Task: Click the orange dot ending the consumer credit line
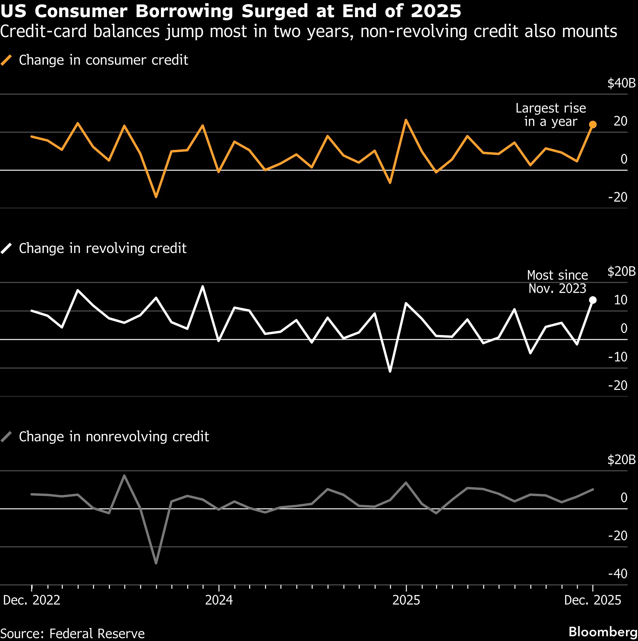(x=593, y=124)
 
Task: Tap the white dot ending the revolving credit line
(x=593, y=300)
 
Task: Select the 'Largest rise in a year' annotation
(x=551, y=115)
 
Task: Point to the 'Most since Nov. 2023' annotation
(x=557, y=282)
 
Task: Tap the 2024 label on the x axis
(x=219, y=600)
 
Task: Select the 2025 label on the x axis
(x=406, y=600)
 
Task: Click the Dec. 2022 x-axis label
(x=31, y=600)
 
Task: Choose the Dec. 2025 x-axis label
(x=593, y=600)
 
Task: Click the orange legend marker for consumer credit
(x=6, y=60)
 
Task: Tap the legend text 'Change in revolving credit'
(x=103, y=249)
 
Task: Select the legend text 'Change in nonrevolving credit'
(x=114, y=437)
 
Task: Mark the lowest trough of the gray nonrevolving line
(x=156, y=563)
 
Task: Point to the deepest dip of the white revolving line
(x=390, y=371)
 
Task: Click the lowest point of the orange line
(x=156, y=197)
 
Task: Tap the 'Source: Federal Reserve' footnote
(x=72, y=633)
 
